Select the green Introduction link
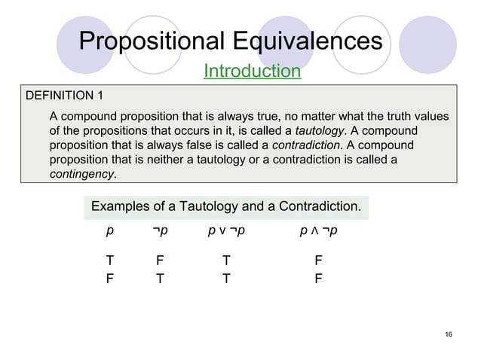[x=252, y=72]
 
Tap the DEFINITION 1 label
[x=65, y=96]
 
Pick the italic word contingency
[x=81, y=174]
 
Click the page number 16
[x=449, y=334]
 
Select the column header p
[x=110, y=229]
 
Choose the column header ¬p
[x=159, y=229]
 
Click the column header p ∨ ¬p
[x=227, y=229]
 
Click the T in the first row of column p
[x=110, y=261]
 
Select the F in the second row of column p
[x=110, y=277]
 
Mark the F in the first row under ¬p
[x=159, y=261]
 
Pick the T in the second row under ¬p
[x=159, y=277]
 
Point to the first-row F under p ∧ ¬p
[x=319, y=261]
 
